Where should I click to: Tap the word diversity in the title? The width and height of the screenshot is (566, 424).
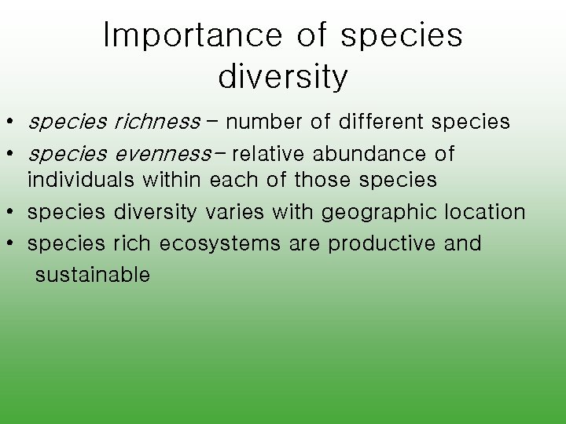coord(282,76)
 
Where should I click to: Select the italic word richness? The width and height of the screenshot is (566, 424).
coord(157,122)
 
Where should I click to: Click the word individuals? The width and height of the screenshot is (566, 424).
coord(82,180)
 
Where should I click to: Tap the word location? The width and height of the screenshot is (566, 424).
coord(485,212)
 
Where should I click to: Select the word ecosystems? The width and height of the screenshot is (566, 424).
coord(219,243)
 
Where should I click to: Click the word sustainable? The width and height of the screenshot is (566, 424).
coord(92,275)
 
